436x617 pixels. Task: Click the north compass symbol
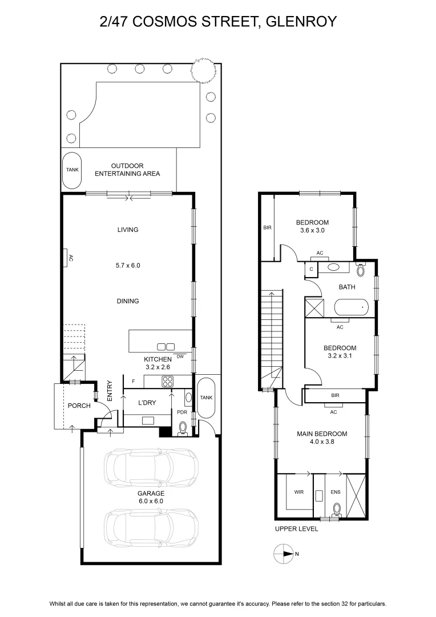(x=284, y=554)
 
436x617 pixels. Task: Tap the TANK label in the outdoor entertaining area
(x=72, y=170)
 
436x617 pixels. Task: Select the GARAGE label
(x=151, y=494)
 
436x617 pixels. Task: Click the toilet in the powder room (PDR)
(x=182, y=428)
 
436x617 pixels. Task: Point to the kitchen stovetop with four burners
(x=168, y=381)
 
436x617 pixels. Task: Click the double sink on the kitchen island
(x=166, y=347)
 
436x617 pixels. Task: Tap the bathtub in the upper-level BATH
(x=351, y=308)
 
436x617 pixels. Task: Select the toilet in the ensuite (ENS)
(x=337, y=509)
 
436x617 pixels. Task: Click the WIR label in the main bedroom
(x=299, y=492)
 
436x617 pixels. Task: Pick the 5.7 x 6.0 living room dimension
(x=128, y=266)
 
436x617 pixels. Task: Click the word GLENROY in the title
(x=301, y=21)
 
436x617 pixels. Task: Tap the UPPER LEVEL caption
(x=296, y=529)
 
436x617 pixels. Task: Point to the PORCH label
(x=79, y=406)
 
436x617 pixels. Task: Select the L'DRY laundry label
(x=147, y=403)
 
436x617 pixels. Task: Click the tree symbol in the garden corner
(x=203, y=70)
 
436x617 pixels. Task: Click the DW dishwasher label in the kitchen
(x=180, y=356)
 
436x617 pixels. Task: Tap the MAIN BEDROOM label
(x=322, y=434)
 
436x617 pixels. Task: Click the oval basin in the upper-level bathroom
(x=333, y=267)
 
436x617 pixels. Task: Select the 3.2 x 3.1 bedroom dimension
(x=340, y=356)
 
